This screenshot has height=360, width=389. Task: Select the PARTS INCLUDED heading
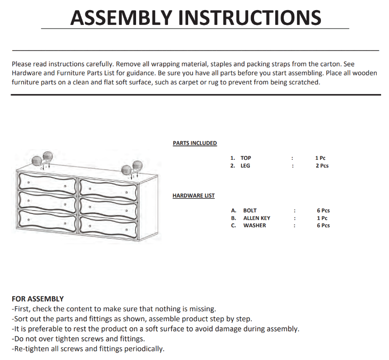pyautogui.click(x=194, y=143)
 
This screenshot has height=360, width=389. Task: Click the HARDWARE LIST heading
pyautogui.click(x=193, y=196)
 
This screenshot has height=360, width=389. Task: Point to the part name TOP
pyautogui.click(x=246, y=158)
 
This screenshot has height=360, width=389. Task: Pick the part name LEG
pyautogui.click(x=245, y=166)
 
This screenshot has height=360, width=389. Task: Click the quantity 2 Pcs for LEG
pyautogui.click(x=322, y=166)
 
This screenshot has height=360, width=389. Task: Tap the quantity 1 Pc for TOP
pyautogui.click(x=320, y=158)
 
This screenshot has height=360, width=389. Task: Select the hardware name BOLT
pyautogui.click(x=250, y=211)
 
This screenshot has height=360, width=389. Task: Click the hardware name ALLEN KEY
pyautogui.click(x=257, y=218)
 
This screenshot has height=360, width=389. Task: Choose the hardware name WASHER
pyautogui.click(x=255, y=226)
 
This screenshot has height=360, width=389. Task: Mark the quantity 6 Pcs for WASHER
pyautogui.click(x=323, y=226)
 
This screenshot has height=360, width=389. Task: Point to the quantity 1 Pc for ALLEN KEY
pyautogui.click(x=322, y=218)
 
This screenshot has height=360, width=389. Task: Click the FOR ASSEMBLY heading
pyautogui.click(x=38, y=299)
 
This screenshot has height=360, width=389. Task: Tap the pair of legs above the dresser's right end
pyautogui.click(x=132, y=167)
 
